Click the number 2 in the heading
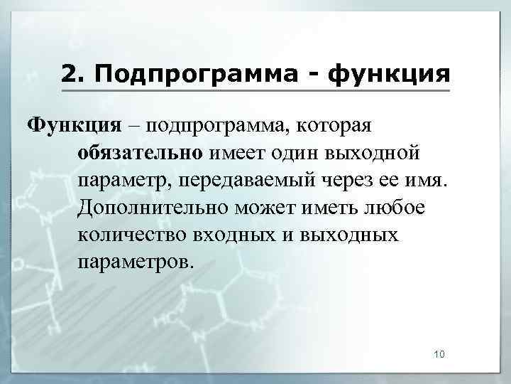coord(68,73)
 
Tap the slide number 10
coord(439,354)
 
